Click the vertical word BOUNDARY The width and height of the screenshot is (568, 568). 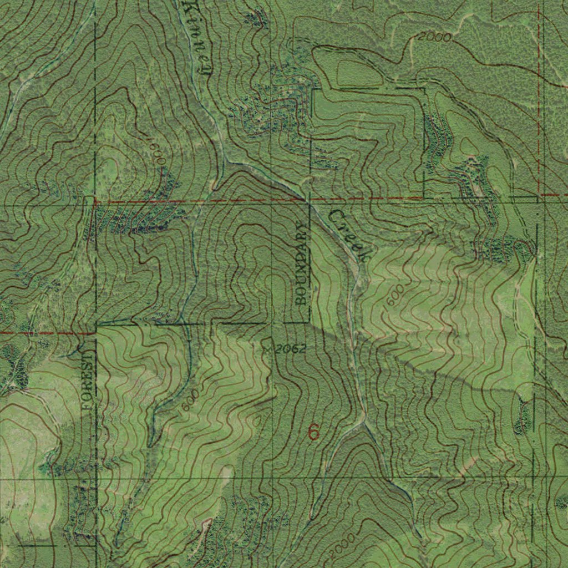(x=301, y=263)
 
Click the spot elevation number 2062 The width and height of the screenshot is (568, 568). (x=290, y=348)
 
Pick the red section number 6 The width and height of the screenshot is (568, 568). (x=314, y=432)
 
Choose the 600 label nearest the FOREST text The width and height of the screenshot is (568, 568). (x=190, y=400)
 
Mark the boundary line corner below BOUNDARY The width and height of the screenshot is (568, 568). (x=309, y=322)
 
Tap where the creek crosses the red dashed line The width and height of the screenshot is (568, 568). (x=304, y=198)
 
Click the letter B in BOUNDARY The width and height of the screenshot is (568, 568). (x=301, y=300)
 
